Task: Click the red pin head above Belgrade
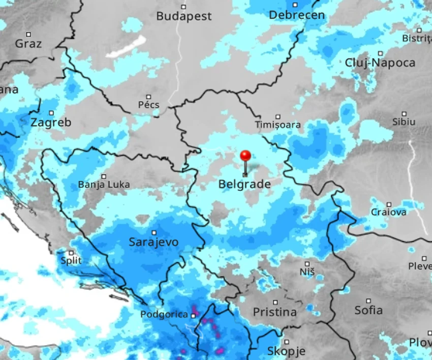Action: coord(245,156)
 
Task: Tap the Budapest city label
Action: coord(183,16)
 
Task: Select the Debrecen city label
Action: coord(297,15)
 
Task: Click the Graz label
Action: coord(28,43)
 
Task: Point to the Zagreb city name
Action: coord(51,123)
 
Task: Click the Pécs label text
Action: coord(148,105)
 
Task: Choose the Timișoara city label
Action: coord(277,125)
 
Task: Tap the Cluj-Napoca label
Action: coord(380,63)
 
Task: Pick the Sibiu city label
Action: coord(404,122)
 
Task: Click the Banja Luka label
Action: coord(104,185)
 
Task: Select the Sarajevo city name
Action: coord(153,242)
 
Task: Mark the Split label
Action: coord(71,261)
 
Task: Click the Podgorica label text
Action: coord(164,314)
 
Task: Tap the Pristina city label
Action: coord(274,312)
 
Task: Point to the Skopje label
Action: coord(286,351)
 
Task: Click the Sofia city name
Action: coord(368,310)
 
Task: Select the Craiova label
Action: coord(388,212)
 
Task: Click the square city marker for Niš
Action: coord(307,264)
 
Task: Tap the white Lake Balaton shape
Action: coord(126,47)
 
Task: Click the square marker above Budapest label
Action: coord(183,7)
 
